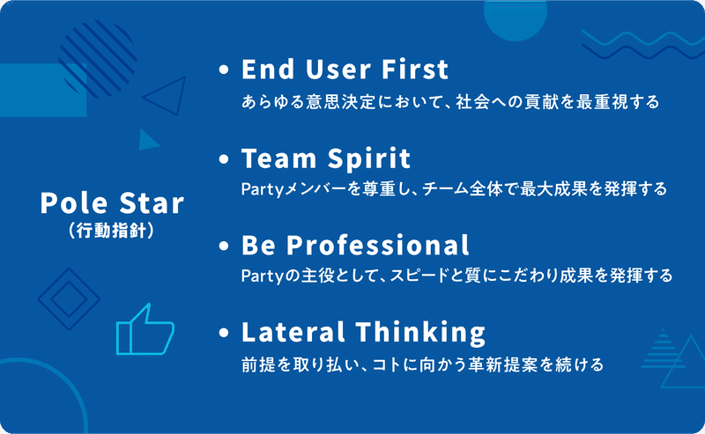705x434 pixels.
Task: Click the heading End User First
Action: (345, 70)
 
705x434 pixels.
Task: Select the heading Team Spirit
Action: (326, 158)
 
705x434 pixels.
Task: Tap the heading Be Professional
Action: (355, 246)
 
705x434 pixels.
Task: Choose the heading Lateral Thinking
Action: (363, 333)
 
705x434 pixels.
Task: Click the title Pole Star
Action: (112, 202)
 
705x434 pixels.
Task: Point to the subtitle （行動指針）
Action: (112, 231)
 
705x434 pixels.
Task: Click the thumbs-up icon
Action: (145, 330)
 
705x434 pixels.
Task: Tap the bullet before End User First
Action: (224, 70)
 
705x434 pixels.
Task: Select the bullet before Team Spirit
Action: (224, 159)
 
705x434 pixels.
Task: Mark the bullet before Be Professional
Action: (224, 246)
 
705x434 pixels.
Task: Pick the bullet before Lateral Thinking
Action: (224, 333)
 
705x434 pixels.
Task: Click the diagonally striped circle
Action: (98, 59)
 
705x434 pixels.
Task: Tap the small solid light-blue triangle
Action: (147, 140)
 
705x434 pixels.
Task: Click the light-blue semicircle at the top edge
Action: (516, 18)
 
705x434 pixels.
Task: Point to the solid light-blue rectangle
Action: (43, 91)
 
